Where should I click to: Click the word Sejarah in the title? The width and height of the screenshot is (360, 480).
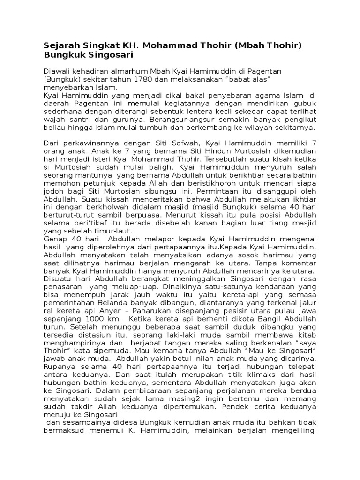(60, 46)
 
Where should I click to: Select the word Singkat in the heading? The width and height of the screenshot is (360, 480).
(100, 46)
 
